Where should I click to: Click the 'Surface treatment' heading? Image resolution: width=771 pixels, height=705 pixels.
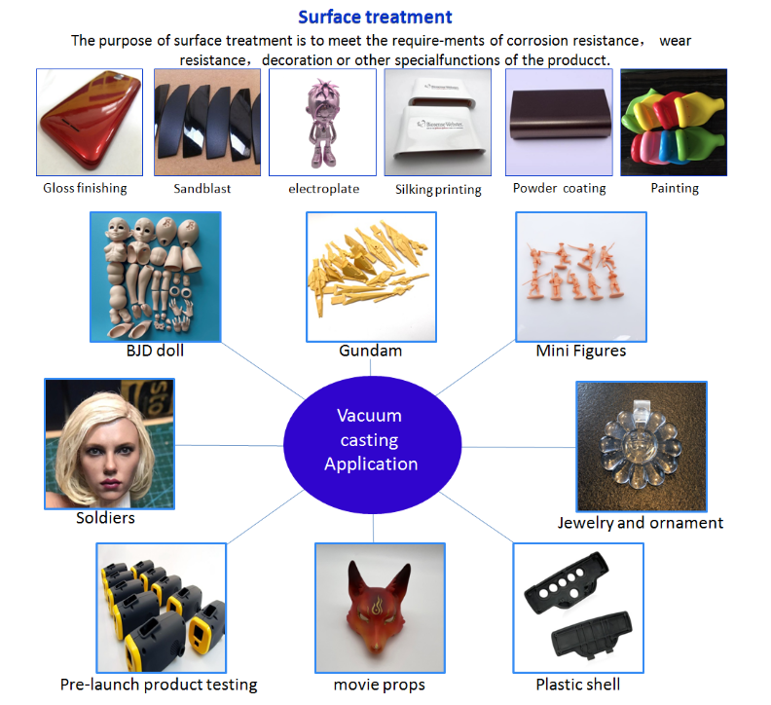tap(375, 17)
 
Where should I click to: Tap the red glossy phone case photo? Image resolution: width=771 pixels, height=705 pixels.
tap(89, 122)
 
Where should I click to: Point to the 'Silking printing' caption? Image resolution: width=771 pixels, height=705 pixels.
tap(438, 189)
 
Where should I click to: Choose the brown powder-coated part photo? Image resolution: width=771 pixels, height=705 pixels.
tap(558, 122)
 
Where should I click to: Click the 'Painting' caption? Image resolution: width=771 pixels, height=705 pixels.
tap(675, 188)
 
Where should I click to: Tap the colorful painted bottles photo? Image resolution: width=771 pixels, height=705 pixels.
tap(675, 122)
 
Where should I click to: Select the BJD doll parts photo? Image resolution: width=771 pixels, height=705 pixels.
tap(156, 277)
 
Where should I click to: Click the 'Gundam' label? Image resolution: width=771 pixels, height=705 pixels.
tap(370, 351)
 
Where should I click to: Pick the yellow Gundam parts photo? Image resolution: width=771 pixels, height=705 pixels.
tap(371, 277)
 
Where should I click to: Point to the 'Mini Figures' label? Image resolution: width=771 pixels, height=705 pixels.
tap(580, 351)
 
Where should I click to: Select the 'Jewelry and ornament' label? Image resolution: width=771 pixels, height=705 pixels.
tap(640, 523)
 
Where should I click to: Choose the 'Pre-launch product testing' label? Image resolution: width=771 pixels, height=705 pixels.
tap(159, 685)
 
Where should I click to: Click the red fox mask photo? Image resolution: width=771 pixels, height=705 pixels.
tap(380, 608)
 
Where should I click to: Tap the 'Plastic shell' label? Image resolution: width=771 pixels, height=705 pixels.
tap(578, 685)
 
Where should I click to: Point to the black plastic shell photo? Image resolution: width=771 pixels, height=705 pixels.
tap(578, 608)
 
